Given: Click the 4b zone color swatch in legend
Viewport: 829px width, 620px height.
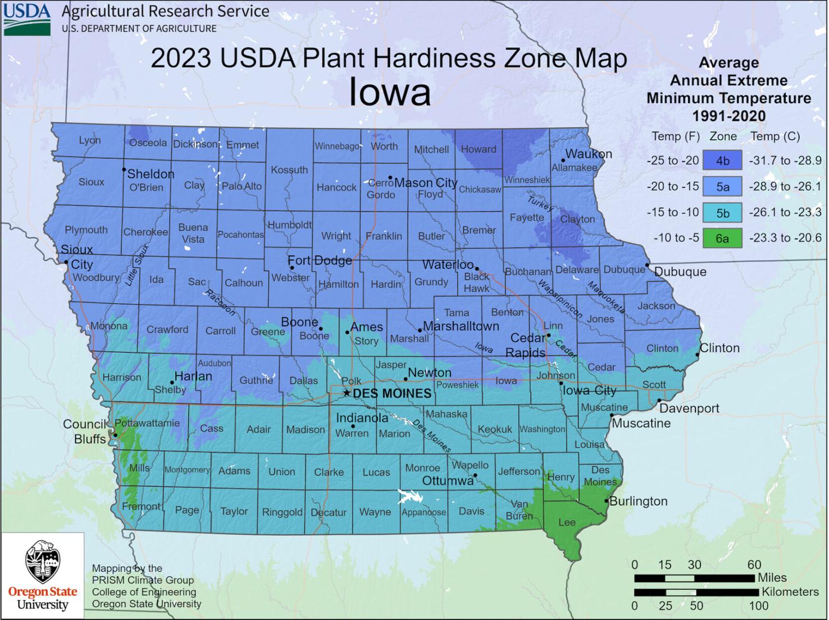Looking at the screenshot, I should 722,161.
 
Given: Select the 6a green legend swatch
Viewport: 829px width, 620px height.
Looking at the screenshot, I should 722,238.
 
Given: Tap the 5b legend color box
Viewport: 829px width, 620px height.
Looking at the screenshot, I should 722,212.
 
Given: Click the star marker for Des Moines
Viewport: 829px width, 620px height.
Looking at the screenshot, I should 347,393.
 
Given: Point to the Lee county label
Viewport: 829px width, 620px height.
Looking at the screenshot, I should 567,522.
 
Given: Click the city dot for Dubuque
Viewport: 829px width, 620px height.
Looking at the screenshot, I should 647,265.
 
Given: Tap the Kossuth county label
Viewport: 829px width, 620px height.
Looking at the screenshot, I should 289,170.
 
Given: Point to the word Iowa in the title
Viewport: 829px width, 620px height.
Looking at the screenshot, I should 390,92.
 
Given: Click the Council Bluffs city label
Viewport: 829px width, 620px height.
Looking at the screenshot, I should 85,431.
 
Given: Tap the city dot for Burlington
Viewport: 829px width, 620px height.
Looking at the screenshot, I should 607,500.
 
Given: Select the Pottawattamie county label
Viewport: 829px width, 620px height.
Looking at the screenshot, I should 147,423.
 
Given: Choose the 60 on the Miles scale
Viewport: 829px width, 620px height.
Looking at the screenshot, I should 754,564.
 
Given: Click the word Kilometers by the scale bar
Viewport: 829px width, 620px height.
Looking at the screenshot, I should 790,592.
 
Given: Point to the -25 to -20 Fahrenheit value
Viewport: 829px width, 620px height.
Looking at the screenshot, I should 672,161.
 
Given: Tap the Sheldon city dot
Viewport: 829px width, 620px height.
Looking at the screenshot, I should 124,169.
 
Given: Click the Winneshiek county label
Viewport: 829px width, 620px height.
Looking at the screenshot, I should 527,180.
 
